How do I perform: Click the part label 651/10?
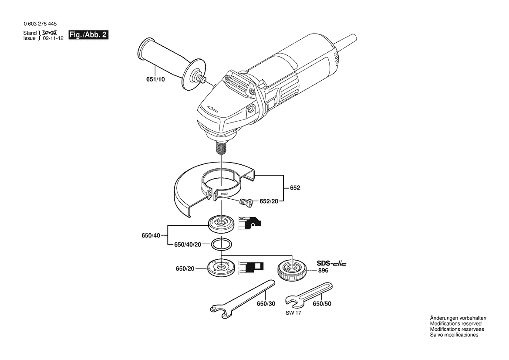pyautogui.click(x=155, y=79)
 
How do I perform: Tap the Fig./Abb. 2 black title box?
pyautogui.click(x=88, y=35)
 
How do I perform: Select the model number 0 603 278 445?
pyautogui.click(x=40, y=24)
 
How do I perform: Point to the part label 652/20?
pyautogui.click(x=269, y=201)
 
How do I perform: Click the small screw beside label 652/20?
pyautogui.click(x=246, y=202)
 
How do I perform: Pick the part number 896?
pyautogui.click(x=323, y=270)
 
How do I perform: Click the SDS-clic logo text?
pyautogui.click(x=331, y=263)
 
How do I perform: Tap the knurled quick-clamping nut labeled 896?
pyautogui.click(x=292, y=270)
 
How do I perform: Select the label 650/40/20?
pyautogui.click(x=188, y=245)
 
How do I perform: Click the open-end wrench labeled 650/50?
pyautogui.click(x=308, y=295)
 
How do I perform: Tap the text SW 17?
pyautogui.click(x=293, y=313)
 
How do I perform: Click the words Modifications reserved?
pyautogui.click(x=456, y=324)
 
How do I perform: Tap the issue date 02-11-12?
pyautogui.click(x=53, y=38)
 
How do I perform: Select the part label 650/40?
pyautogui.click(x=151, y=235)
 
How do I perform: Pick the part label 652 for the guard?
pyautogui.click(x=295, y=188)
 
